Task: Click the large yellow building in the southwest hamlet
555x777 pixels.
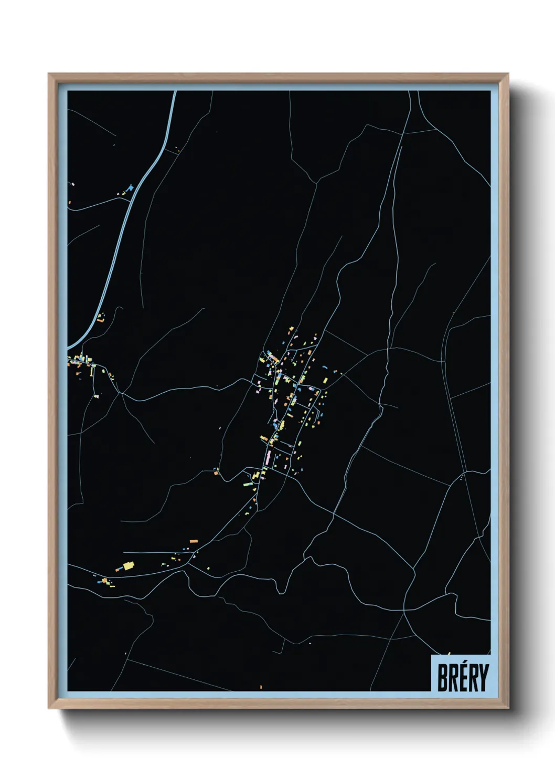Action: click(128, 566)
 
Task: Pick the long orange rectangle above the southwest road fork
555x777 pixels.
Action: click(194, 540)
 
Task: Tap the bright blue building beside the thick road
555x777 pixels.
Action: click(130, 187)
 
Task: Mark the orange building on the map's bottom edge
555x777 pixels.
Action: click(261, 687)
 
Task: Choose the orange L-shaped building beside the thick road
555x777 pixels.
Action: click(100, 317)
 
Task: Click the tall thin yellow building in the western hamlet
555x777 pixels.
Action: click(92, 372)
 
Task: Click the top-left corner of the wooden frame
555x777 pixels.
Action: click(49, 74)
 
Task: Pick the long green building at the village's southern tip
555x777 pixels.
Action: click(248, 484)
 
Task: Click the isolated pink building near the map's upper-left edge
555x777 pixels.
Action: click(72, 184)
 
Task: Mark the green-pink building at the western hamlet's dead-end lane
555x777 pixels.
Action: click(96, 396)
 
